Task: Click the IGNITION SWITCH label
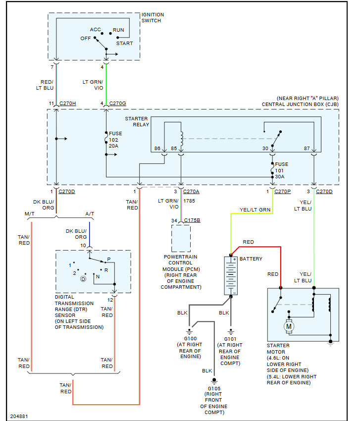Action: point(153,18)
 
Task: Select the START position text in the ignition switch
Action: point(125,44)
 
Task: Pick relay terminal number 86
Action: point(157,149)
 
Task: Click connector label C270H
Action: point(67,104)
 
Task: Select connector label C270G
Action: point(118,104)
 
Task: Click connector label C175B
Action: point(192,220)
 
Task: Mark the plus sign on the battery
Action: point(235,259)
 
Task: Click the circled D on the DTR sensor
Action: point(83,279)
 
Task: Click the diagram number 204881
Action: point(19,416)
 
